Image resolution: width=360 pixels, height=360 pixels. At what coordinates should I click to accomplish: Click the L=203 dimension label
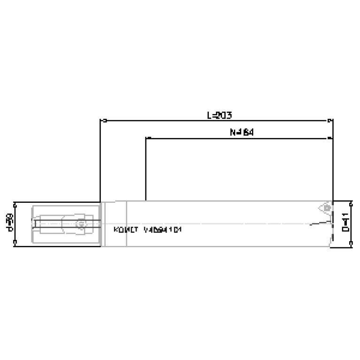(220, 115)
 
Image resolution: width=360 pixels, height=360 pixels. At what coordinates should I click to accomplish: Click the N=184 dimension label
(242, 132)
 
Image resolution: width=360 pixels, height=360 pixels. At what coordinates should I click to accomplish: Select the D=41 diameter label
(345, 224)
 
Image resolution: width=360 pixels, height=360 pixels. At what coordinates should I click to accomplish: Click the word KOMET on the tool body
(125, 230)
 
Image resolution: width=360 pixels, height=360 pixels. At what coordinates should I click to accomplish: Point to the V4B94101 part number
(162, 230)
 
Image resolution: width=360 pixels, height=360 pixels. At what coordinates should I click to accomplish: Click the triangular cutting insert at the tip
(323, 207)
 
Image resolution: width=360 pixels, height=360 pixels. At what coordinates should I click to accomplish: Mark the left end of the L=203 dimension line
(101, 121)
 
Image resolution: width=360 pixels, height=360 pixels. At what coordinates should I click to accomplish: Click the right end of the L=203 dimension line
(332, 121)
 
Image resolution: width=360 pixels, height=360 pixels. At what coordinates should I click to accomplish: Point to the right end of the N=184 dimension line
(332, 138)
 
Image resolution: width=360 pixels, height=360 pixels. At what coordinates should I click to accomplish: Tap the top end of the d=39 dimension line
(15, 202)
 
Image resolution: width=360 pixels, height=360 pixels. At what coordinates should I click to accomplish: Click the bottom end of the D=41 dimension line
(351, 245)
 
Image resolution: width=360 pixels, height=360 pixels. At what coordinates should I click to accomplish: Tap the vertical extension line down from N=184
(146, 169)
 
